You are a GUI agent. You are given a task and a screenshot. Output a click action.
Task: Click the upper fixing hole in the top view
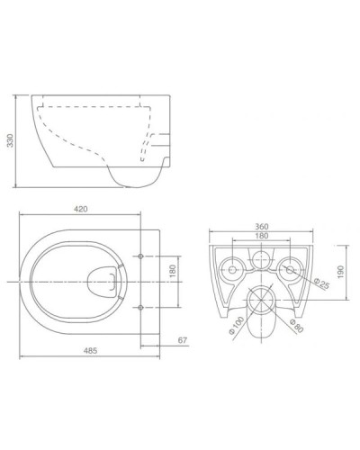tap(141, 259)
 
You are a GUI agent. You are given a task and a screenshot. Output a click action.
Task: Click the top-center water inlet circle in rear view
tap(261, 259)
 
